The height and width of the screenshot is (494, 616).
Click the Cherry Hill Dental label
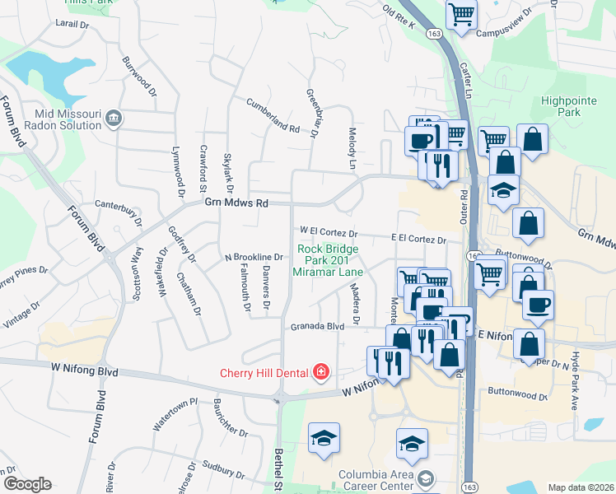263,372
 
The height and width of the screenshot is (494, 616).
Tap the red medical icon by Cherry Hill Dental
320,373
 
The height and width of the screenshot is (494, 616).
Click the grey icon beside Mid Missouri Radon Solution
114,119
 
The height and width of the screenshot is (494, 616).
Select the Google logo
27,484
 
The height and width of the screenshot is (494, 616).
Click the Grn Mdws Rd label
236,203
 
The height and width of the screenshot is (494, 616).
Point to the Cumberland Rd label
273,115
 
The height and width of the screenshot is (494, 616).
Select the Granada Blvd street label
316,327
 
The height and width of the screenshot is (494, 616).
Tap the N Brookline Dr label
254,257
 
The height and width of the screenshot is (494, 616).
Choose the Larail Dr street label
72,26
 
